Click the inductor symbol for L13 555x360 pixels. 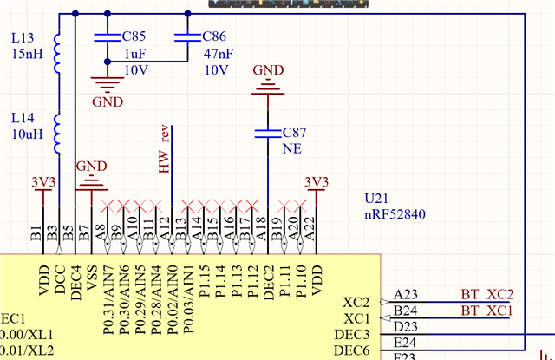point(57,55)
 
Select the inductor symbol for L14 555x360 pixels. point(57,131)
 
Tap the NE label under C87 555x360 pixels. point(292,148)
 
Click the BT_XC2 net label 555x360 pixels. point(486,295)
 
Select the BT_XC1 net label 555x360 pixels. point(486,310)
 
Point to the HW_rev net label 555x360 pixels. point(164,149)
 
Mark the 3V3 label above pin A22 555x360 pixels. point(317,182)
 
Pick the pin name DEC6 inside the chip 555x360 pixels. point(352,350)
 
